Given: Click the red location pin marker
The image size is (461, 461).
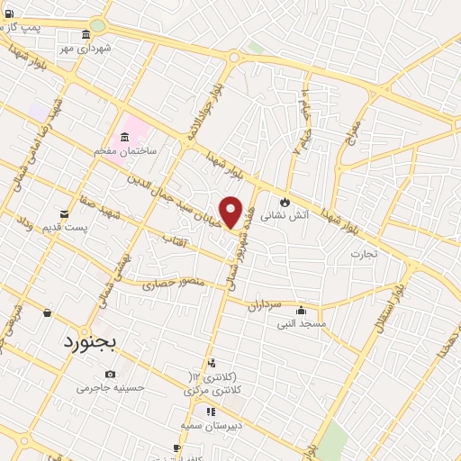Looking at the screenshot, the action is pos(231,212).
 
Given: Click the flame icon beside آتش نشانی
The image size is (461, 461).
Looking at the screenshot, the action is pos(286,202).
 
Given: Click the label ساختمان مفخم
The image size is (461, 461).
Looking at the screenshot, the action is pos(126,150).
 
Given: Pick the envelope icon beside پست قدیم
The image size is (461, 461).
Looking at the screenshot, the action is pos(64,213).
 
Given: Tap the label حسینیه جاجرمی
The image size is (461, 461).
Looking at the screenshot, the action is pos(110,388).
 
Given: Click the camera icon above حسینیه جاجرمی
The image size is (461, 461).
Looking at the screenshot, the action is pos(110,374).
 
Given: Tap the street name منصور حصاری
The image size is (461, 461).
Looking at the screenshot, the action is pos(173,285).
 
